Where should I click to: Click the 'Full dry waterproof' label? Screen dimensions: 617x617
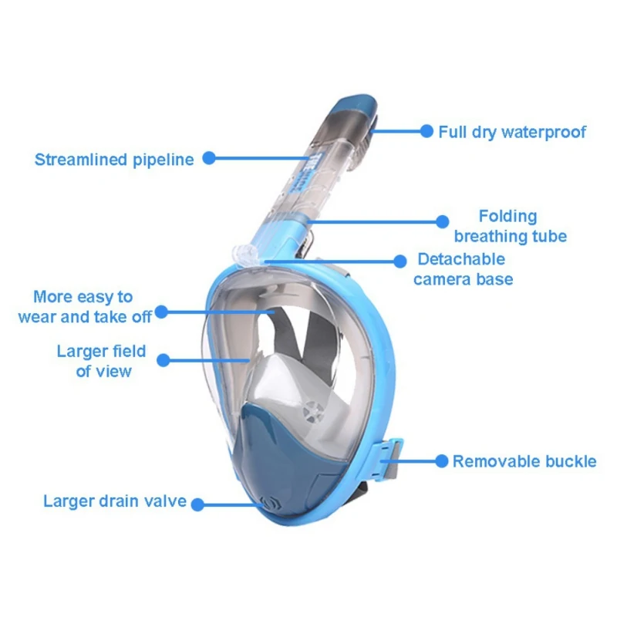click(x=512, y=132)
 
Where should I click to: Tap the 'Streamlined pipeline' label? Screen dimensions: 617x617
click(x=114, y=160)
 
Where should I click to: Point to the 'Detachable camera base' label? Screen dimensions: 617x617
click(x=462, y=268)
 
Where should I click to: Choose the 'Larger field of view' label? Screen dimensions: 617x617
click(x=101, y=361)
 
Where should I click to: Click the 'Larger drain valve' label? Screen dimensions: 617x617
click(x=115, y=501)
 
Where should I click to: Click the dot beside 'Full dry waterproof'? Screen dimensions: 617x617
click(x=426, y=132)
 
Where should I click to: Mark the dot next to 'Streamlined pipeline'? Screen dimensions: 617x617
click(x=209, y=159)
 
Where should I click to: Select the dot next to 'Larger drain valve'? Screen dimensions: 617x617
click(x=197, y=504)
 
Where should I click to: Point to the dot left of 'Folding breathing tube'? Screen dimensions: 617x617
click(x=442, y=221)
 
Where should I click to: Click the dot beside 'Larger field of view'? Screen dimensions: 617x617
click(x=162, y=359)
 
